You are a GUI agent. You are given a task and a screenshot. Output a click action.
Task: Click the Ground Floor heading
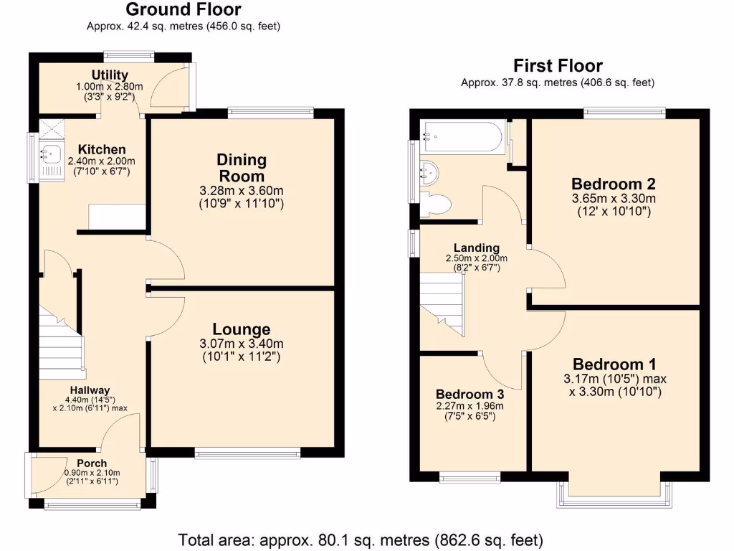point(183,10)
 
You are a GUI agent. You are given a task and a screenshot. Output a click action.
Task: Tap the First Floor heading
point(557,66)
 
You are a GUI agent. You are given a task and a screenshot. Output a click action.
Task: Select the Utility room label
point(110,75)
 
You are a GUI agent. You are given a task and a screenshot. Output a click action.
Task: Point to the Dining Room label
point(242,168)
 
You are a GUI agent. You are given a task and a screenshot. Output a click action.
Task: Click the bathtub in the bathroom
point(464,136)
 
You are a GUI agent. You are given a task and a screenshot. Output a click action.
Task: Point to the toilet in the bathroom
point(435,204)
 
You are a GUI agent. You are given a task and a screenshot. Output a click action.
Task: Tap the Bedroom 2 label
point(614,183)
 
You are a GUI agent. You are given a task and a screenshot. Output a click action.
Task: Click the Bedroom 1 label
point(614,363)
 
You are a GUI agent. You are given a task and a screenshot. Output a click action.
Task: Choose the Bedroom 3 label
point(470,395)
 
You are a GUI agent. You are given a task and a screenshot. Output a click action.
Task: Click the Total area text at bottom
point(361,539)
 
